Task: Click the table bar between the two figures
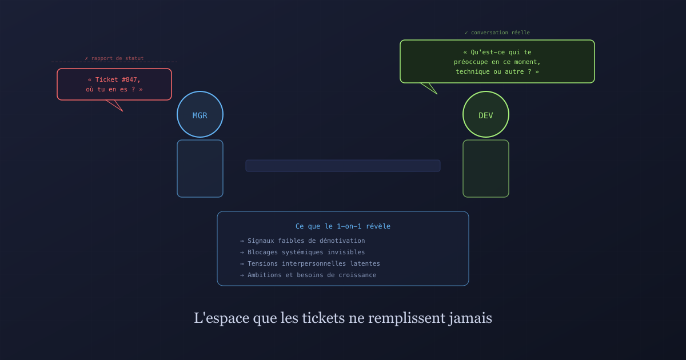point(342,166)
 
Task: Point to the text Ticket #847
point(118,79)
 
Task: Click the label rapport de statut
point(117,58)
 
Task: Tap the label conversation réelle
point(500,33)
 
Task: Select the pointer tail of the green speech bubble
point(430,88)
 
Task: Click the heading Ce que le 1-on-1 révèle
point(342,226)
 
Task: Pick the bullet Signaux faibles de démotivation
point(306,241)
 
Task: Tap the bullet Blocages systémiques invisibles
point(306,252)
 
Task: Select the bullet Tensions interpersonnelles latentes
point(314,263)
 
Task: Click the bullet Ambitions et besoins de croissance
point(312,275)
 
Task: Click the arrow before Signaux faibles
point(242,241)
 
